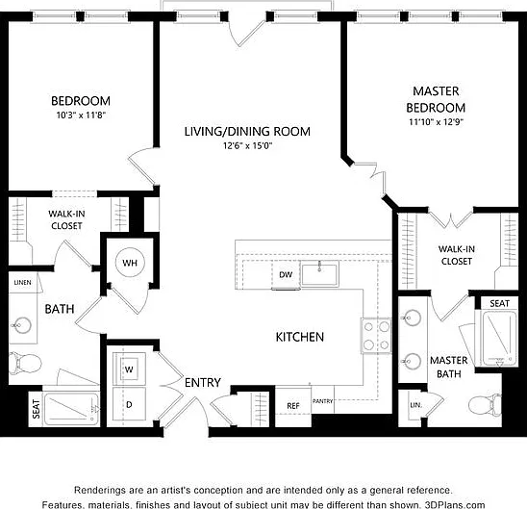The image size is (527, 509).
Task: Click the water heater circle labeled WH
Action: (130, 263)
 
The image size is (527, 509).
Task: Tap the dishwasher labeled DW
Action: (286, 274)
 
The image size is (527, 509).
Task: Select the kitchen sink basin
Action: (319, 274)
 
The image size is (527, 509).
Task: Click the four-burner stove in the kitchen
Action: (376, 336)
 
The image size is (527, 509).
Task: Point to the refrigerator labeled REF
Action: (293, 406)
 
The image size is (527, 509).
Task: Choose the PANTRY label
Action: (323, 401)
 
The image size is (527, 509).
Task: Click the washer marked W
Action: (129, 369)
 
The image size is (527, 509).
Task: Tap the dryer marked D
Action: (129, 404)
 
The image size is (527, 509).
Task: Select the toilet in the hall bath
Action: (25, 364)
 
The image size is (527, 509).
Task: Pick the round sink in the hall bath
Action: (21, 325)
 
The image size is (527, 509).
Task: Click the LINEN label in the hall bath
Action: (22, 283)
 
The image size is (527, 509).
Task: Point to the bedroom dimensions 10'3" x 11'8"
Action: (81, 115)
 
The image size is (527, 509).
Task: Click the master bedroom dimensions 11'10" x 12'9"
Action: (436, 121)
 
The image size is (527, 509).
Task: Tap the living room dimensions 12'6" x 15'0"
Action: (248, 146)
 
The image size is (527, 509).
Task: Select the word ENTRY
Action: (203, 383)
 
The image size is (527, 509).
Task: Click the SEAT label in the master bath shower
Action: (499, 304)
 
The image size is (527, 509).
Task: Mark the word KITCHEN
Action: (300, 337)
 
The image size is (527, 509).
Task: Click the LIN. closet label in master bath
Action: (415, 405)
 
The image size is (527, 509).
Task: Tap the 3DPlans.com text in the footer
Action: (455, 504)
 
